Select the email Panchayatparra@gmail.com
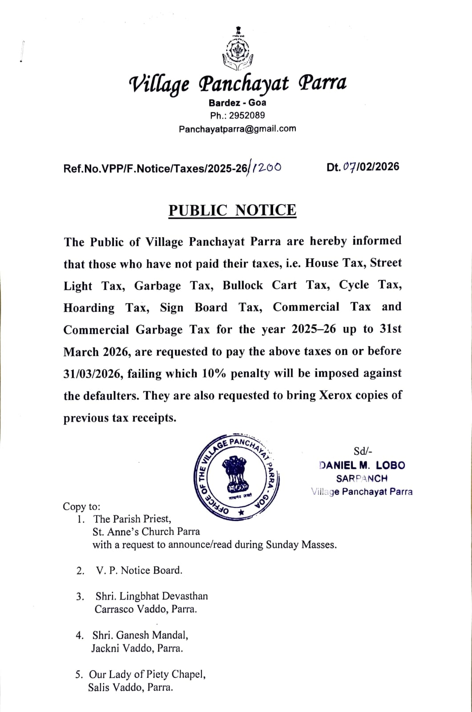237,129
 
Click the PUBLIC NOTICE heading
232,210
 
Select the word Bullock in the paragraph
243,285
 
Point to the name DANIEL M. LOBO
362,465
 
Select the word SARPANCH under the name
362,478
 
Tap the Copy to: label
82,506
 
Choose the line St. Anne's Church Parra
146,531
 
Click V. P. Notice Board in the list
139,570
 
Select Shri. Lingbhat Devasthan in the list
151,596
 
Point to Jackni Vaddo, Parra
137,648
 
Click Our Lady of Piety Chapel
147,675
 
